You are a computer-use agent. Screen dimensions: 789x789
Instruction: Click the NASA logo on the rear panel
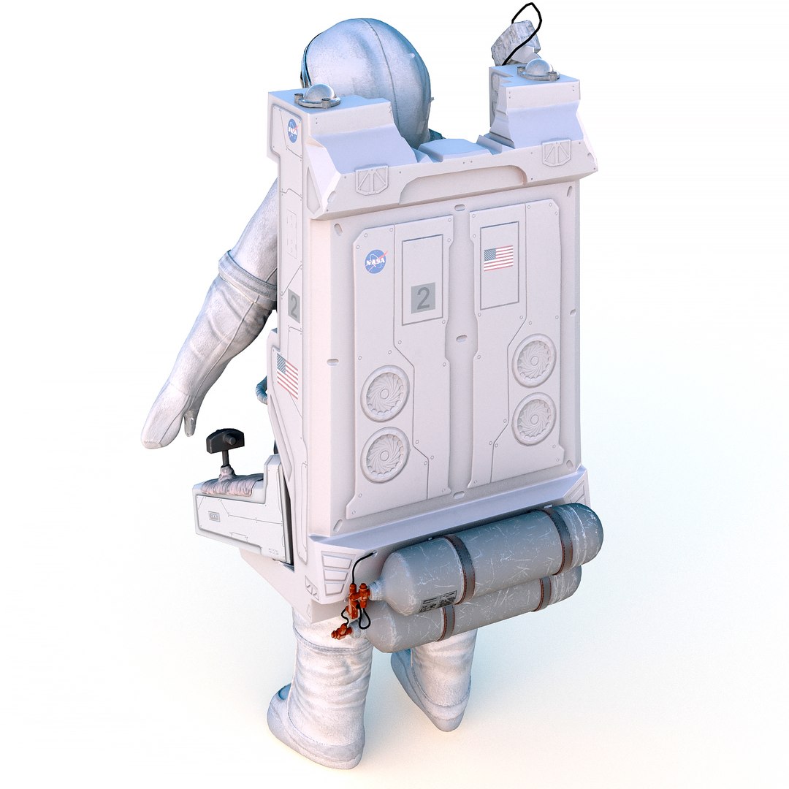tap(376, 260)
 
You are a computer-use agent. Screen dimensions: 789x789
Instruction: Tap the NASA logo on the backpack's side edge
tap(292, 131)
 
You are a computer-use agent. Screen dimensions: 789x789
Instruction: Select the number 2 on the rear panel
tap(422, 297)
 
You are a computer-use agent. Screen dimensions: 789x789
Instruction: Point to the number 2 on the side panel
tap(294, 306)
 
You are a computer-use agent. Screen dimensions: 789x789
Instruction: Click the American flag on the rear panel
tap(498, 258)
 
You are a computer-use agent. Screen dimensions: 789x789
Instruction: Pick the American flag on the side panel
tap(287, 376)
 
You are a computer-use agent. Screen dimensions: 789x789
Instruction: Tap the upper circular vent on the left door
tap(385, 393)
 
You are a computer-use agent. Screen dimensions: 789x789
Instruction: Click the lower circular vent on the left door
tap(385, 454)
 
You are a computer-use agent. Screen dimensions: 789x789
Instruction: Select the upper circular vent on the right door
tap(534, 360)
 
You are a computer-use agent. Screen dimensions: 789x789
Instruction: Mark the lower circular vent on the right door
tap(534, 419)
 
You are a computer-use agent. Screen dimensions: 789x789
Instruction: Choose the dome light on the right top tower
tap(539, 69)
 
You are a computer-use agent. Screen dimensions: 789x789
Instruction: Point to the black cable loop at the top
tap(527, 26)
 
